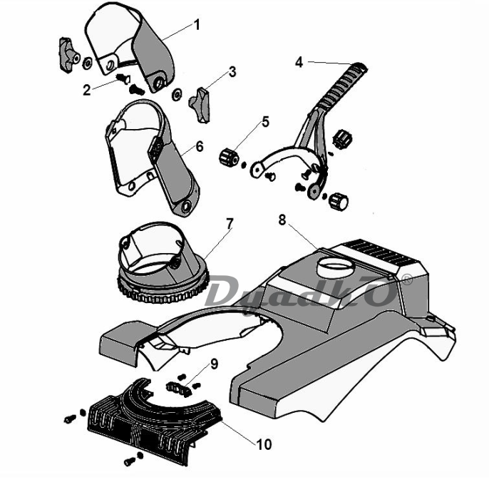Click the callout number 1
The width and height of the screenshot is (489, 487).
click(197, 25)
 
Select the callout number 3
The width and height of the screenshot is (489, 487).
click(232, 72)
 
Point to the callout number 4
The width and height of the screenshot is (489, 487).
click(299, 63)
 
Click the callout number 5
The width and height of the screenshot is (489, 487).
click(265, 121)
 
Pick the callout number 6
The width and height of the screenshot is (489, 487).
click(199, 145)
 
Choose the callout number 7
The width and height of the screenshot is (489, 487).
click(229, 223)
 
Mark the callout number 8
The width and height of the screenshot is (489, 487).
click(282, 220)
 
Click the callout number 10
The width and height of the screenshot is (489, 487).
click(264, 444)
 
